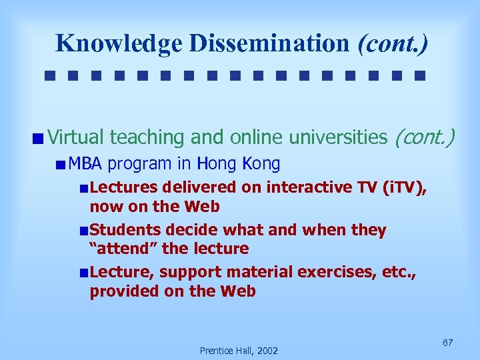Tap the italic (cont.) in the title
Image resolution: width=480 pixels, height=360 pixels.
tap(393, 43)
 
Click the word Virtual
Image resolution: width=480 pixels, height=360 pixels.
tap(76, 137)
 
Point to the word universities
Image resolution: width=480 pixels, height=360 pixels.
tap(338, 137)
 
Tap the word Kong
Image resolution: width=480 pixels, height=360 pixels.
tap(261, 163)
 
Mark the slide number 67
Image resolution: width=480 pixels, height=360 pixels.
tap(448, 343)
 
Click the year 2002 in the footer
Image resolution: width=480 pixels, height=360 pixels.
tap(266, 351)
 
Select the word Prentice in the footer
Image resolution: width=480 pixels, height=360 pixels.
tap(217, 351)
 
